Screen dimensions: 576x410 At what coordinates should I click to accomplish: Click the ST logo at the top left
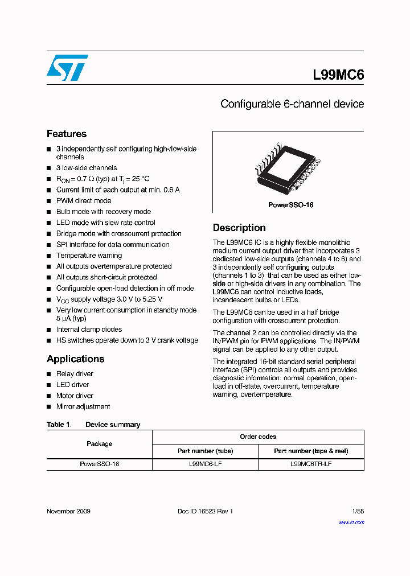(x=67, y=68)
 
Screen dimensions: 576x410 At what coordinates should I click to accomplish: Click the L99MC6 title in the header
(x=338, y=75)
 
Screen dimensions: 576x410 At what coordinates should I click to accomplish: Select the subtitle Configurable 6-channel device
(x=292, y=104)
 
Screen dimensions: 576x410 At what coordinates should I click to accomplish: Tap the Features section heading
(x=67, y=134)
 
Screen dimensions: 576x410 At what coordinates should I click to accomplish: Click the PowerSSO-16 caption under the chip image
(x=290, y=205)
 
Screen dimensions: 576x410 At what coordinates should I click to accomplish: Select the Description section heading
(x=239, y=228)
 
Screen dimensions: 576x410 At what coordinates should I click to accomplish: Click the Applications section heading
(x=75, y=359)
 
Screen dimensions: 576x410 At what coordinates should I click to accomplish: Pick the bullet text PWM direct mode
(x=84, y=201)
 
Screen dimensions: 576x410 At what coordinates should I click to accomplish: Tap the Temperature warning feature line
(x=89, y=256)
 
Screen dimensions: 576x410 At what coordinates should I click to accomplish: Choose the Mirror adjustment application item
(x=83, y=406)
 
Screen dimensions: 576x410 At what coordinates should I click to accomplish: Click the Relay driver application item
(x=75, y=374)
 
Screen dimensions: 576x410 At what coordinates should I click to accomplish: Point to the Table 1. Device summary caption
(x=93, y=425)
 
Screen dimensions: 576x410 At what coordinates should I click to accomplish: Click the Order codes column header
(x=258, y=437)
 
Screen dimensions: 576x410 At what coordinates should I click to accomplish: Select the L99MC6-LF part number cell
(x=205, y=464)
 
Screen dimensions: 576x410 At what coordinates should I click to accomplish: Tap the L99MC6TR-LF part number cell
(x=311, y=464)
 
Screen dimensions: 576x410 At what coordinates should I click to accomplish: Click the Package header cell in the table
(x=99, y=444)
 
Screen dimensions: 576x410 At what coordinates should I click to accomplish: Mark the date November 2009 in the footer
(x=68, y=511)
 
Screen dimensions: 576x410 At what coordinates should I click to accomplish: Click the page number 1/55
(x=358, y=511)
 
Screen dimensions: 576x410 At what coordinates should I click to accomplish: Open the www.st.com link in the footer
(x=351, y=522)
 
